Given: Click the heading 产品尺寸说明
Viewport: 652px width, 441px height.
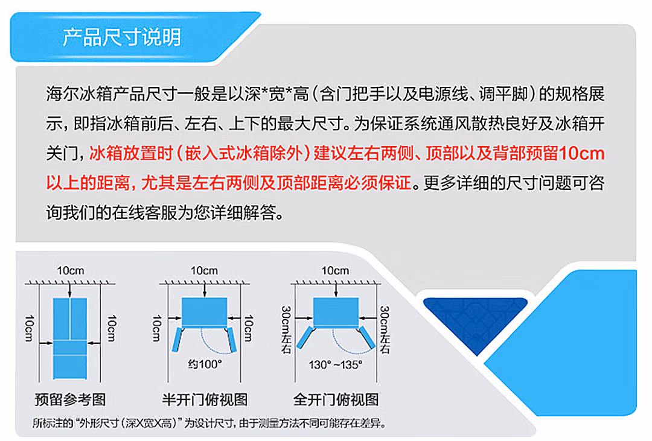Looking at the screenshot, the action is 122,37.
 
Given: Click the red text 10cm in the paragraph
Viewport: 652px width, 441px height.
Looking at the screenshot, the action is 582,153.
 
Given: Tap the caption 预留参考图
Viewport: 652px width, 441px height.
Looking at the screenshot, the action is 70,399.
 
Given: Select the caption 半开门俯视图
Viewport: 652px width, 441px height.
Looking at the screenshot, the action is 205,399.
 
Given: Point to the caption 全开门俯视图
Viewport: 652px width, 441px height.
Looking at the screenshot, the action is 336,399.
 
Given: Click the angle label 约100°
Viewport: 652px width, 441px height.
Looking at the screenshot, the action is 205,364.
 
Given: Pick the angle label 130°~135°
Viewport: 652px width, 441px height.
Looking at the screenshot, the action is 335,364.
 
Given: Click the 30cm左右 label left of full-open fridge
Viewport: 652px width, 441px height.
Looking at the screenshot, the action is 286,330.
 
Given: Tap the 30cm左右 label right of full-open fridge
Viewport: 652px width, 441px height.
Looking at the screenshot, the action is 385,330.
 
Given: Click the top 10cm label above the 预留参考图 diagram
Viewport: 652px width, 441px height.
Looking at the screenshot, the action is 70,271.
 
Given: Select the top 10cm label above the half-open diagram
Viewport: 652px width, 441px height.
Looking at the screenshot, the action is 204,271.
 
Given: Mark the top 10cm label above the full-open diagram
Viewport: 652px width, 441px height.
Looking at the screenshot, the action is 335,271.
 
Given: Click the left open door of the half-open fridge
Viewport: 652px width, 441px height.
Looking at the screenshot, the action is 178,339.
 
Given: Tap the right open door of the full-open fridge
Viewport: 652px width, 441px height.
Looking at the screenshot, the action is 368,337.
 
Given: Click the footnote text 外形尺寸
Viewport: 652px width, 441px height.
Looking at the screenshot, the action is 98,424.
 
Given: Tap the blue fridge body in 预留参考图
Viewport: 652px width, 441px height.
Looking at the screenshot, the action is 70,338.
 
